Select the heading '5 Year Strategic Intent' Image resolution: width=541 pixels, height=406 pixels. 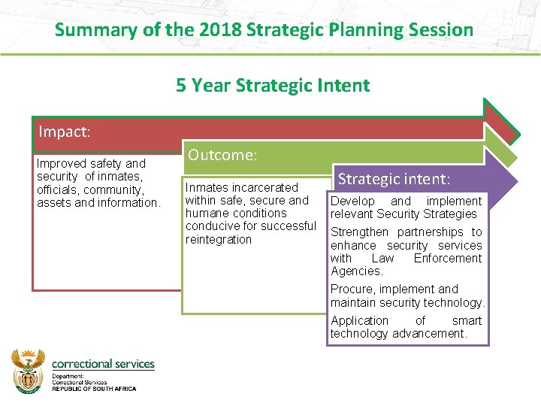(273, 85)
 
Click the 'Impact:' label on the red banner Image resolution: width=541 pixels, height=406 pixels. (65, 132)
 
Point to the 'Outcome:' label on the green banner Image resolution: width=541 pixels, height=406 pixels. (222, 155)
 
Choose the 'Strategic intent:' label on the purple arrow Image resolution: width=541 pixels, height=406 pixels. (394, 179)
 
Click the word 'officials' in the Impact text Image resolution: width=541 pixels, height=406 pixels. (59, 189)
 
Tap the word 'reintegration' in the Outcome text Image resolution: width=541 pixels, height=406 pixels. (219, 239)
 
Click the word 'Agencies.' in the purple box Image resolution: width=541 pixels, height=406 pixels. (356, 271)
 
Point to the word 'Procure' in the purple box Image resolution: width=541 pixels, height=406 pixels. (352, 289)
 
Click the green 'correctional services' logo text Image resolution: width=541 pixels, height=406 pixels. (103, 364)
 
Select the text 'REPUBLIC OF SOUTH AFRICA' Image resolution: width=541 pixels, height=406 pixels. (94, 388)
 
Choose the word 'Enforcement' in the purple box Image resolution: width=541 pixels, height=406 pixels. (448, 258)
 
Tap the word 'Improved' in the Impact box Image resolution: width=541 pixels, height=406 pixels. (59, 163)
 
